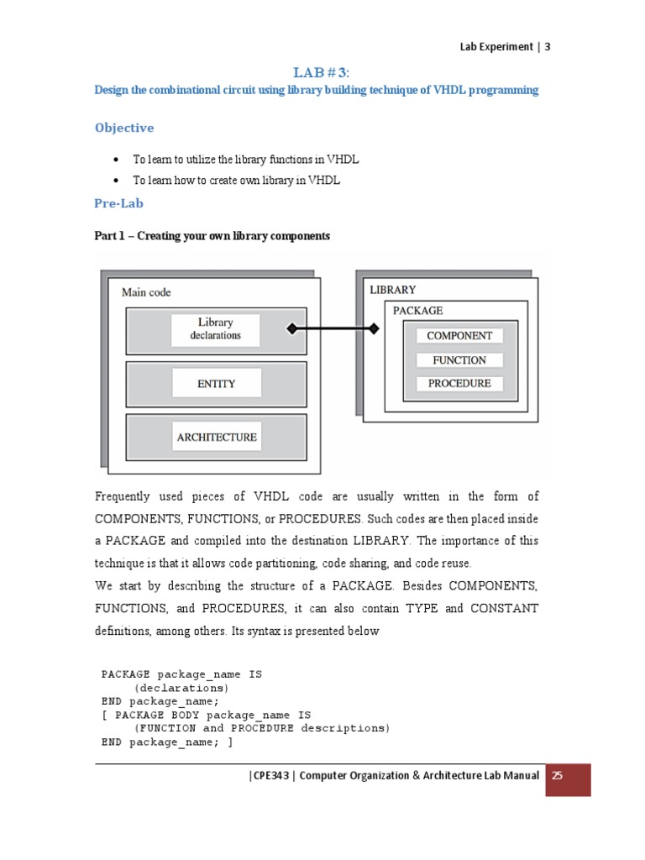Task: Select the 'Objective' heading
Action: (124, 128)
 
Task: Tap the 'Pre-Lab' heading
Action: (119, 203)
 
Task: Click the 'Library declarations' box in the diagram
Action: (215, 328)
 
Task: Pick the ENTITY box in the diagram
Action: (216, 383)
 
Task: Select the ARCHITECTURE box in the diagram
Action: (217, 437)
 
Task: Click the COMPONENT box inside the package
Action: (459, 335)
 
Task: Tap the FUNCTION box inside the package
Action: (459, 359)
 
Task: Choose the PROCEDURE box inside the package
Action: (459, 383)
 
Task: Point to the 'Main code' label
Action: (146, 292)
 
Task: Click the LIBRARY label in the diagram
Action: (393, 290)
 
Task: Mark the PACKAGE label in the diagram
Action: (418, 310)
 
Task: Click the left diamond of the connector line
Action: (291, 328)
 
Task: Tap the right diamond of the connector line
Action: (373, 328)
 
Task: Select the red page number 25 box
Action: (569, 779)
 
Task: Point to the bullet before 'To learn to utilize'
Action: (115, 159)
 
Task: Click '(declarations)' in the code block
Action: (181, 687)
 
